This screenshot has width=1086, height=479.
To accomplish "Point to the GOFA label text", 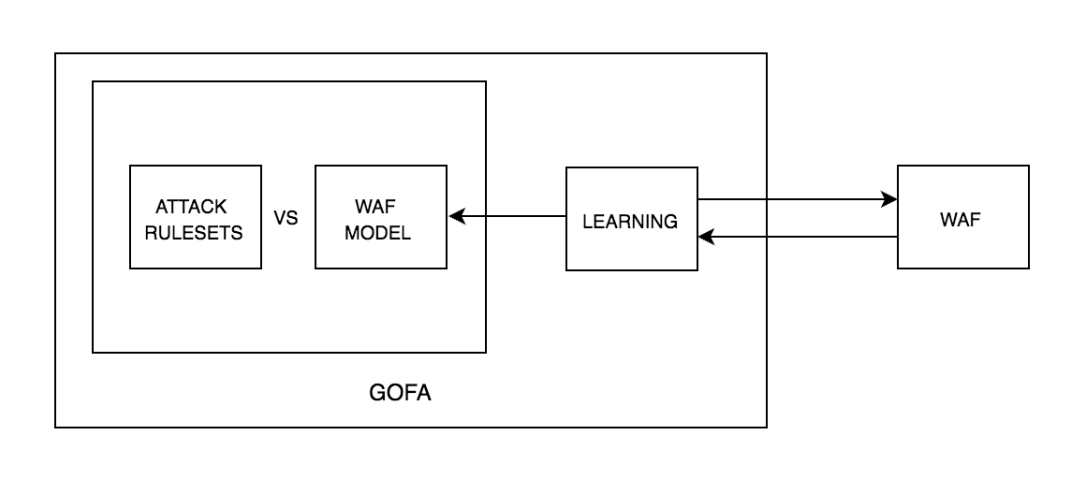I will (400, 393).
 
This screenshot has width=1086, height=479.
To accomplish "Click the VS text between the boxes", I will (286, 218).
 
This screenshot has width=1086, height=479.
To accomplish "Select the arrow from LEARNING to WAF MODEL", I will (510, 217).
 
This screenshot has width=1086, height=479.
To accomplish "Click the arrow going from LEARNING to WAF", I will (796, 199).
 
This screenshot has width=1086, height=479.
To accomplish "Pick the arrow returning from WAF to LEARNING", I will (796, 237).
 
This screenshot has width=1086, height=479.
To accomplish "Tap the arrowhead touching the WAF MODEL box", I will (456, 217).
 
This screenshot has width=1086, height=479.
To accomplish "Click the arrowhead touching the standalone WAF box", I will (890, 199).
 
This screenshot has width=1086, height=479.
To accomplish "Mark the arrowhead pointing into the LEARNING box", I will (705, 237).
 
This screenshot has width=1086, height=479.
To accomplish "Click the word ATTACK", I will (191, 207).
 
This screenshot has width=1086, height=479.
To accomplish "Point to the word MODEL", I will (377, 233).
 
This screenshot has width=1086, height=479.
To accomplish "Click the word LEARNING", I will (630, 222).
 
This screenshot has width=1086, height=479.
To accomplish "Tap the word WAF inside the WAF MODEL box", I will (377, 207).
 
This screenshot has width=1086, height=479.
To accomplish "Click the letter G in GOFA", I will (377, 393).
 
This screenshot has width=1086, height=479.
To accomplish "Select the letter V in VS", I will (280, 218).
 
